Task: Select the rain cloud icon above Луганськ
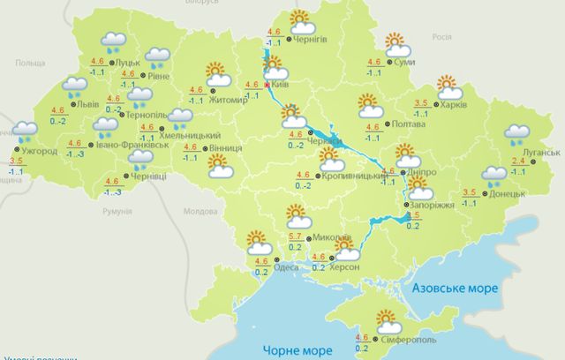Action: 516,135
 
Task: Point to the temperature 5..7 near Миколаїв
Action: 297,238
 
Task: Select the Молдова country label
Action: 199,213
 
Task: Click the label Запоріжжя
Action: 433,205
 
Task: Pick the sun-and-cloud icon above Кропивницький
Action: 332,159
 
